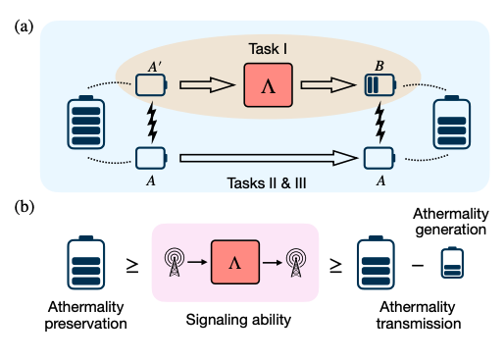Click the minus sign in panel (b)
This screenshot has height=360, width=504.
[x=419, y=263]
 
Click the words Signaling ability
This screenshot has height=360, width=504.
[x=233, y=320]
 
